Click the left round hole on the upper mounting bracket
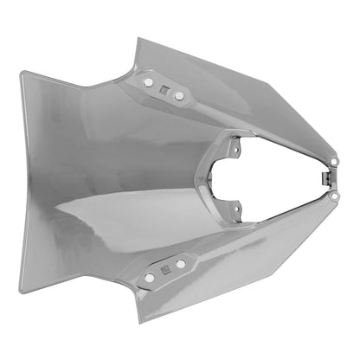click(x=148, y=81)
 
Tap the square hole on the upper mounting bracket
click(x=164, y=88)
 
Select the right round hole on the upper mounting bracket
click(x=179, y=95)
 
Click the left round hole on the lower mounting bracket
click(x=150, y=278)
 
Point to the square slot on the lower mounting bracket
click(x=165, y=271)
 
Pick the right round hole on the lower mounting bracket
click(x=181, y=263)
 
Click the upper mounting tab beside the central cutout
click(x=235, y=148)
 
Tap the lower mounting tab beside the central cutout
click(x=235, y=209)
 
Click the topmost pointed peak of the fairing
click(x=139, y=38)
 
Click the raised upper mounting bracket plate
click(x=164, y=87)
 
